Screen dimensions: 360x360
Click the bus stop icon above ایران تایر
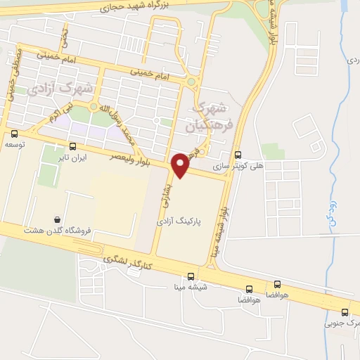tap(73, 147)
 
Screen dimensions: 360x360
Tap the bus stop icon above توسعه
tap(15, 134)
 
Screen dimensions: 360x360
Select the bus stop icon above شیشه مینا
tap(192, 276)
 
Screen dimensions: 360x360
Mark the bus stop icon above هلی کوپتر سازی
tap(238, 155)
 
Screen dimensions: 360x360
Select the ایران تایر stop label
tap(73, 158)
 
